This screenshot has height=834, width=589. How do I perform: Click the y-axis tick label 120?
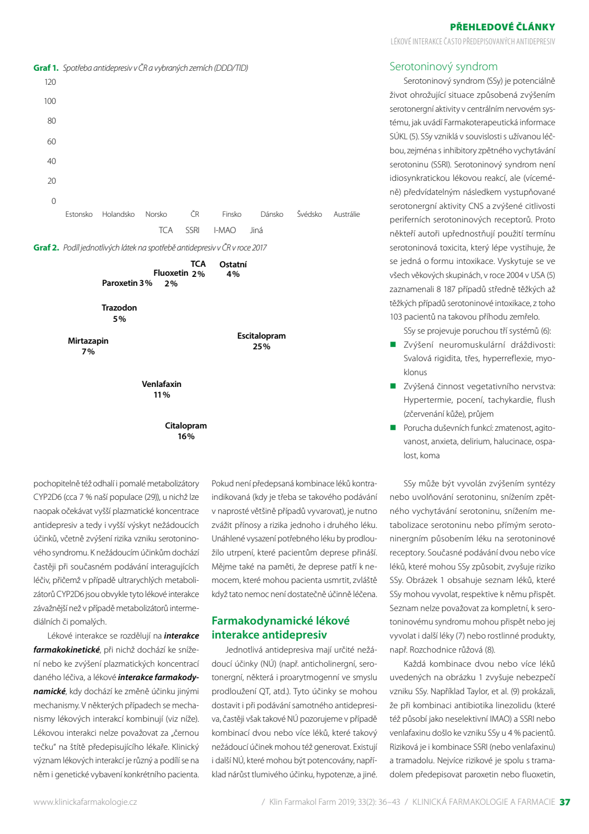[x=50, y=82]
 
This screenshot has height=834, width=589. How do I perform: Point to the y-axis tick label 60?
[x=52, y=141]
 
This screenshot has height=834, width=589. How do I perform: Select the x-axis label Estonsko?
[x=79, y=214]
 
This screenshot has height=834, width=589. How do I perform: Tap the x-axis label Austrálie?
[x=347, y=214]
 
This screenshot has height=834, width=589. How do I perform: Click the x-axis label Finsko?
[x=232, y=214]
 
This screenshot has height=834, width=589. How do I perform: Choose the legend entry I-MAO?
[x=224, y=230]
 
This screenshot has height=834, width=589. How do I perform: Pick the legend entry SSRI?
[x=192, y=230]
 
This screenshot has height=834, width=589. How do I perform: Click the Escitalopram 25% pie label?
[x=261, y=341]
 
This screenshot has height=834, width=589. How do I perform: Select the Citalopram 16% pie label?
[x=186, y=431]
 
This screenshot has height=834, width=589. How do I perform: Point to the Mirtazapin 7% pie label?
[x=88, y=346]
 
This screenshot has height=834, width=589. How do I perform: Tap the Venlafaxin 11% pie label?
[x=162, y=389]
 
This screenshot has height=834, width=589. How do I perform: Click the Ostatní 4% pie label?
[x=233, y=269]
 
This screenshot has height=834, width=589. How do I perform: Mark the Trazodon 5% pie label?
[x=119, y=313]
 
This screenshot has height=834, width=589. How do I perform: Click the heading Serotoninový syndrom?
[x=443, y=66]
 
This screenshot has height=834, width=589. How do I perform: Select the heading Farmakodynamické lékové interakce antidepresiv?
[x=280, y=628]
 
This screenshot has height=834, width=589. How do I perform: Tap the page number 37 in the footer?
[x=565, y=802]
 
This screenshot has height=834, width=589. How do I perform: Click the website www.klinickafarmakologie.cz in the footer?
[x=85, y=802]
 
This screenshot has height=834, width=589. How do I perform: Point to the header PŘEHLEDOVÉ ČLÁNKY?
[x=503, y=27]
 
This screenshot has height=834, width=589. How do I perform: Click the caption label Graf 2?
[x=46, y=248]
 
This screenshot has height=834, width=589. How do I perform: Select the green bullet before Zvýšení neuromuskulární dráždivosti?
[x=393, y=344]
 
